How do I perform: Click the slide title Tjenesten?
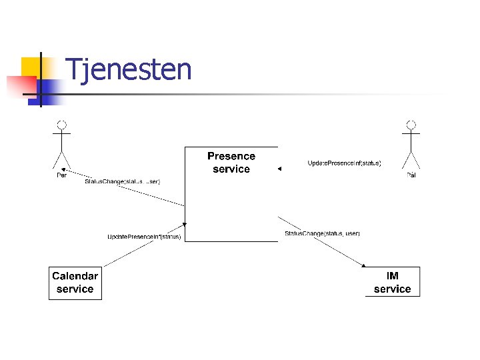coord(129,69)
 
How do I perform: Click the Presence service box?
coord(231,193)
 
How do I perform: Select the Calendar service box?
coord(75,283)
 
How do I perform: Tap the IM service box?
coord(393,283)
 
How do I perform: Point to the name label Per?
coord(61,175)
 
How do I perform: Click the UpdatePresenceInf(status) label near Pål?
coord(344,163)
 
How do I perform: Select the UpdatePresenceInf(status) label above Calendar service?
coord(144,237)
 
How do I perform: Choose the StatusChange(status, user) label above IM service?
coord(322,233)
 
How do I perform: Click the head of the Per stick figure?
coord(62,125)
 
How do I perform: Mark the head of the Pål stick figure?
coord(411,125)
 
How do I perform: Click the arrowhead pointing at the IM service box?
coord(364,265)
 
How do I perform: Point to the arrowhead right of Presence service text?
coord(280,169)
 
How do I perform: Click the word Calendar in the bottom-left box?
coord(75,276)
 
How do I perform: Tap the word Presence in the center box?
coord(231,156)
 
